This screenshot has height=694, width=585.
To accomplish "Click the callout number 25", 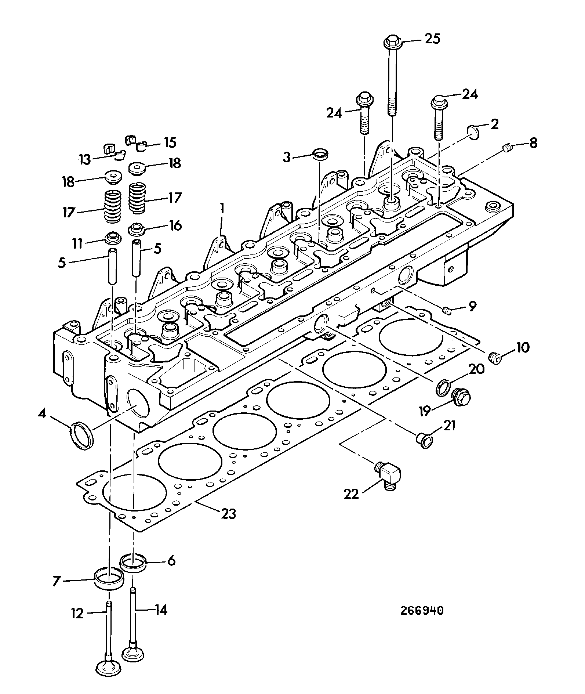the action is pos(432,39).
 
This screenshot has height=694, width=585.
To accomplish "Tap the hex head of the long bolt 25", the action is pos(392,41).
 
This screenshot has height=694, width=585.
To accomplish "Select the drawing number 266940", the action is pos(422,610).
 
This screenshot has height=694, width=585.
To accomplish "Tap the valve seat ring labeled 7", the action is pos(109,580).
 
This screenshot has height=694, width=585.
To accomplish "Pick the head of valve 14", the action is pos(134,654).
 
